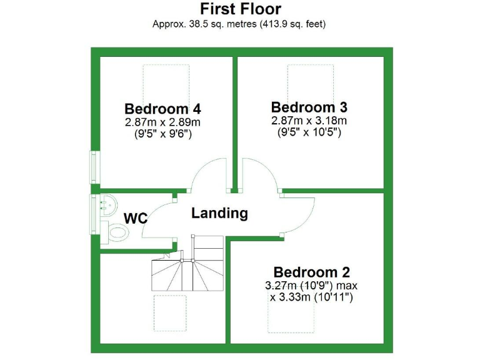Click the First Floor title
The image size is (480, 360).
pos(240,9)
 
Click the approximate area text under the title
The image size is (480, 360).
pos(240,24)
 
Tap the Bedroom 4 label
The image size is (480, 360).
pos(162,108)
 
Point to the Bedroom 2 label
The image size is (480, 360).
pos(311,272)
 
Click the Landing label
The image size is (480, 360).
pos(219,213)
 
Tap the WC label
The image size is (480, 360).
pos(136,219)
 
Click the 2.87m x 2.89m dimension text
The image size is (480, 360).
pos(162,122)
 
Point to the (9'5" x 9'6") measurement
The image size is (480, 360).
pos(162,134)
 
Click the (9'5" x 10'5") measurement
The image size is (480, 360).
pos(309,132)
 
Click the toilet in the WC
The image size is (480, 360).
pos(117,232)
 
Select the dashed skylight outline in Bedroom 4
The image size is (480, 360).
pos(166,81)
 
